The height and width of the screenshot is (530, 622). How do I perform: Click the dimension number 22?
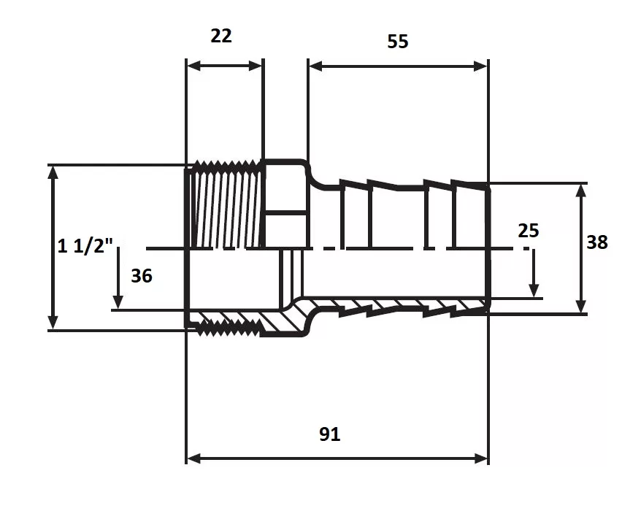(221, 36)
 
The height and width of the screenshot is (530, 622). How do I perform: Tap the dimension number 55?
(397, 42)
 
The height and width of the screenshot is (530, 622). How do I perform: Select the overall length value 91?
(330, 434)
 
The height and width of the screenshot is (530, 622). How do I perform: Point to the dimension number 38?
(597, 242)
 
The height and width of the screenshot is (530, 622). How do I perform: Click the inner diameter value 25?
(529, 231)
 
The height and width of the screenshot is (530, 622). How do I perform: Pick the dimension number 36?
(142, 276)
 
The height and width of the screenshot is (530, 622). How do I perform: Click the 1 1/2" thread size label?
(85, 246)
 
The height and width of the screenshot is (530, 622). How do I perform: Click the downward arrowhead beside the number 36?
(118, 302)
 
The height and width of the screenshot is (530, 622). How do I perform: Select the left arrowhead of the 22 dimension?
(193, 66)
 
